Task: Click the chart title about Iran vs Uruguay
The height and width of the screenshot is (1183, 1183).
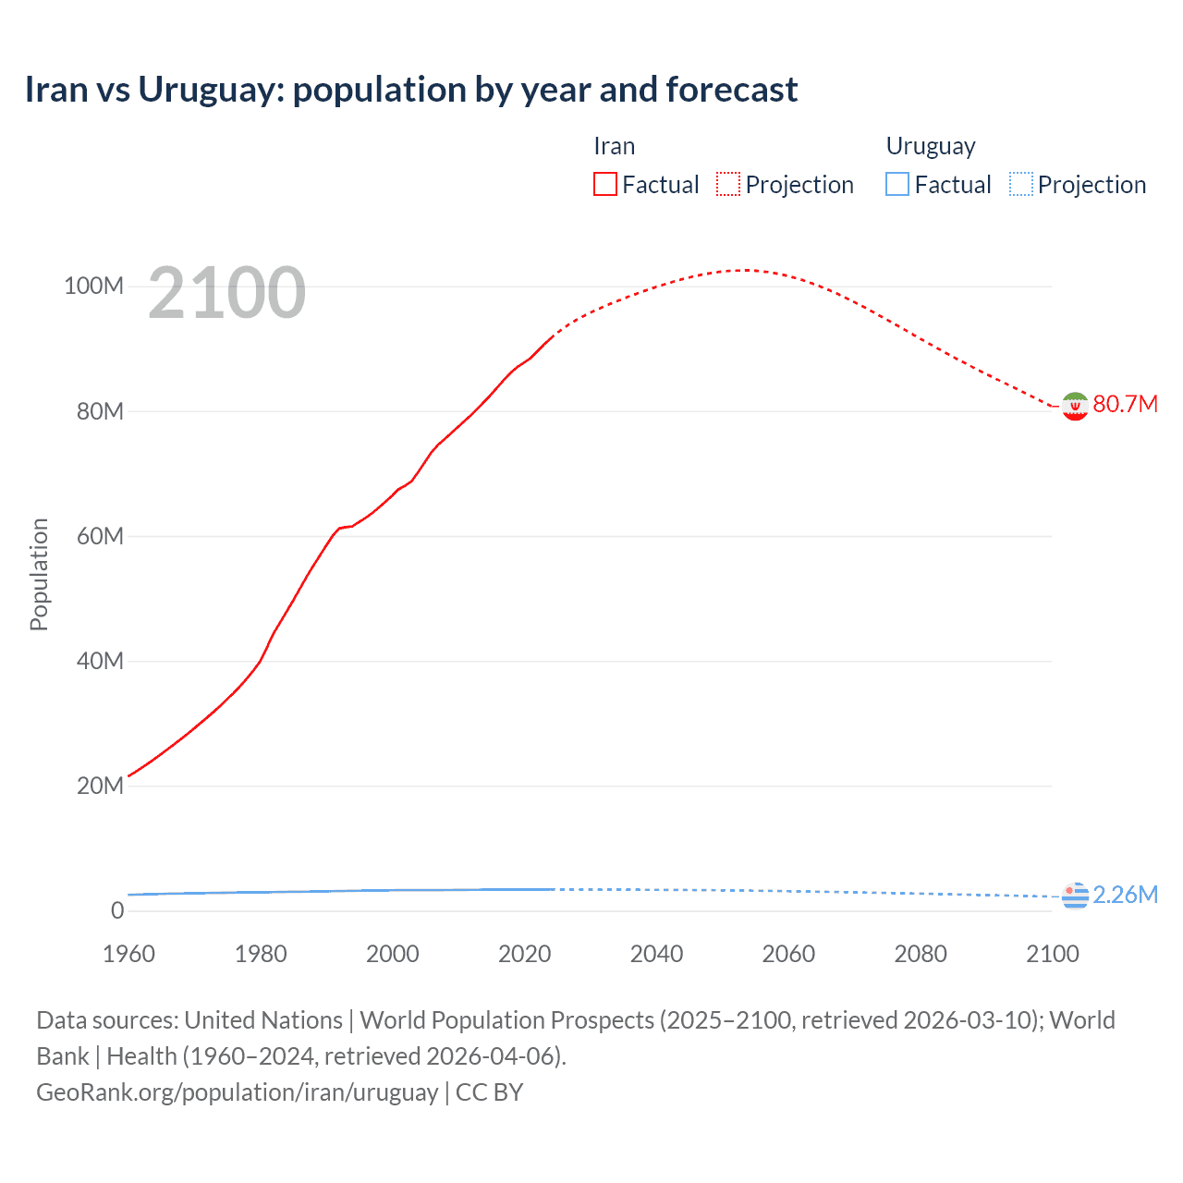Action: coord(410,90)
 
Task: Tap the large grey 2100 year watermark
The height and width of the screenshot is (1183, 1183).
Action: coord(226,293)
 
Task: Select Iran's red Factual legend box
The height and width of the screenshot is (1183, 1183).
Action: coord(604,185)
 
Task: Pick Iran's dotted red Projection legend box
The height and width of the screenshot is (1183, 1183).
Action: coord(728,185)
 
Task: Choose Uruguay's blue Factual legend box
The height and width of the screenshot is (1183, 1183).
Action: coord(896,185)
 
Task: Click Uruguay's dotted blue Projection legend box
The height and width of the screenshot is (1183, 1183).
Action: coord(1020,185)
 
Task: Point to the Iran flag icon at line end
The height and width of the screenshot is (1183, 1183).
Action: coord(1075,406)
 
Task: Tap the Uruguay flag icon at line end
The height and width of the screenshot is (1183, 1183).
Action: coord(1075,896)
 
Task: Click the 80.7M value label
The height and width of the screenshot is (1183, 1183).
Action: coord(1125,404)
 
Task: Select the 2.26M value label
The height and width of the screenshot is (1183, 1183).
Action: coord(1125,895)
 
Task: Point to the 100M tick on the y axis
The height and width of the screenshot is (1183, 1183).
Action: coord(93,287)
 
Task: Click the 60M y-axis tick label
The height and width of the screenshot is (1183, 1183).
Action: coord(99,536)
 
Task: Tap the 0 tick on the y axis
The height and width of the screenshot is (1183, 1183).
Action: coord(116,910)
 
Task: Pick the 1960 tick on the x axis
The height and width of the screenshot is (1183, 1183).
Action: coord(128,954)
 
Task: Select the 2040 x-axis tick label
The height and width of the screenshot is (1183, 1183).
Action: coord(656,954)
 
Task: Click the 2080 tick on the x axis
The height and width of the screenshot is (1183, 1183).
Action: coord(921,954)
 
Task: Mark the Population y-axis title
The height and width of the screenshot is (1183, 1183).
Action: coord(39,574)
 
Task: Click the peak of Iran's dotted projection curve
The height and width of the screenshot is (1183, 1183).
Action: coord(745,270)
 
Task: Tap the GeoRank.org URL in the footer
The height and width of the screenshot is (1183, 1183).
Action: coord(237,1092)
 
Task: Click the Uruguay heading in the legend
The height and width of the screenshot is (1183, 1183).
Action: coord(930,146)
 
